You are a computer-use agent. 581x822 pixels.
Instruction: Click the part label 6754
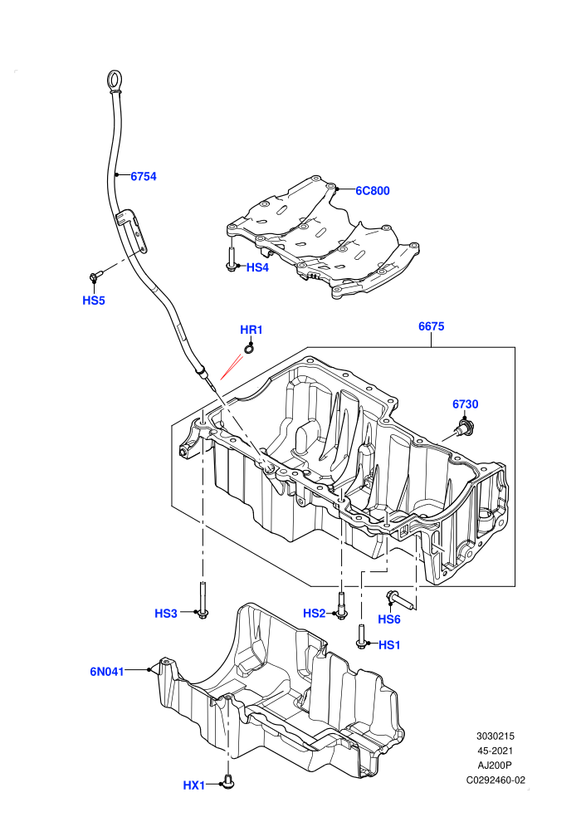(144, 177)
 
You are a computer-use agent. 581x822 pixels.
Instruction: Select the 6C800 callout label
(373, 191)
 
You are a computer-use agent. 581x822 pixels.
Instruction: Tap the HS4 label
(257, 267)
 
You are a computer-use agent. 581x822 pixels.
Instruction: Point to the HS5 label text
(94, 301)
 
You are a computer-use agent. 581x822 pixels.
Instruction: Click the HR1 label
(251, 330)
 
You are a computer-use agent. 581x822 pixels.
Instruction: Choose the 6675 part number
(431, 326)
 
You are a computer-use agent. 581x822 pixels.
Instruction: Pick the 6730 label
(466, 404)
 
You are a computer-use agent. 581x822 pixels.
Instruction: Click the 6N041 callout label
(107, 672)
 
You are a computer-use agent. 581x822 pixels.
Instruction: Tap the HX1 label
(194, 785)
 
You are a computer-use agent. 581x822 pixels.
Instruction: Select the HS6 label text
(389, 619)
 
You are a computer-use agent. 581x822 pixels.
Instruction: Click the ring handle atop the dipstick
(115, 81)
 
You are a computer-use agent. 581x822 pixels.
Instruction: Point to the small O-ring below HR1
(249, 348)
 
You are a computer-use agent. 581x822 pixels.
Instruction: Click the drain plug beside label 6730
(464, 428)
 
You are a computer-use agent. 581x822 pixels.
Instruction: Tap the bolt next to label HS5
(96, 274)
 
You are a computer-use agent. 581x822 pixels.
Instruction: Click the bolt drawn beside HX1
(228, 782)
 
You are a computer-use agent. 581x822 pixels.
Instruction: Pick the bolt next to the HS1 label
(361, 636)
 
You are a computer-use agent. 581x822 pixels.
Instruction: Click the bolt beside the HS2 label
(342, 606)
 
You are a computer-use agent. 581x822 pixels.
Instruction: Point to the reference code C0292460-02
(496, 780)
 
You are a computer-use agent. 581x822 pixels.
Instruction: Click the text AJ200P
(495, 766)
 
